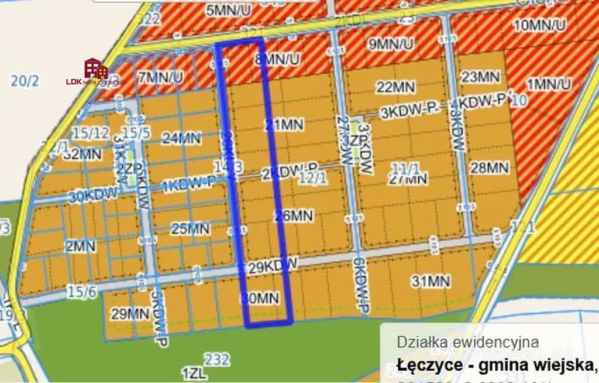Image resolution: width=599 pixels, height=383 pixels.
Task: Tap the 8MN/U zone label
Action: pyautogui.click(x=278, y=59)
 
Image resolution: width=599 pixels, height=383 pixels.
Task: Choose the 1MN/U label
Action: pyautogui.click(x=548, y=84)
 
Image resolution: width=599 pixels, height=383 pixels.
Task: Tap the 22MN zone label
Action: pyautogui.click(x=395, y=87)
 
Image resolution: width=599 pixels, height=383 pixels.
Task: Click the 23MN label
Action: pyautogui.click(x=480, y=77)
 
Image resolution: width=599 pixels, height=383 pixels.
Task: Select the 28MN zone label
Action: pyautogui.click(x=489, y=168)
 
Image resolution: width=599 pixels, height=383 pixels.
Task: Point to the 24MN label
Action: pyautogui.click(x=181, y=139)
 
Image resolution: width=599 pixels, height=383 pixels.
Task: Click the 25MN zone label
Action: pyautogui.click(x=191, y=228)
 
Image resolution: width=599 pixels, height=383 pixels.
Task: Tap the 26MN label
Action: pyautogui.click(x=293, y=216)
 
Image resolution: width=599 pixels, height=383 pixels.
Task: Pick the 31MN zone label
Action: pyautogui.click(x=431, y=282)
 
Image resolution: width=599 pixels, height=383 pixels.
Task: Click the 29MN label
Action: pyautogui.click(x=130, y=314)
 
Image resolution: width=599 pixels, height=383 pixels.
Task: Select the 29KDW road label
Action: pyautogui.click(x=273, y=266)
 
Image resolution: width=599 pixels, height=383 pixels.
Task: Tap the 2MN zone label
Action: pyautogui.click(x=80, y=247)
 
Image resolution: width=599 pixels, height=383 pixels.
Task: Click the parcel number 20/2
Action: pyautogui.click(x=25, y=81)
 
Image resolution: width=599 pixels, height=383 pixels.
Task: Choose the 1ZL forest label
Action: pyautogui.click(x=193, y=374)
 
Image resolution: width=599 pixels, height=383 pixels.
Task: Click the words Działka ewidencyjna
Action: pyautogui.click(x=467, y=342)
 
